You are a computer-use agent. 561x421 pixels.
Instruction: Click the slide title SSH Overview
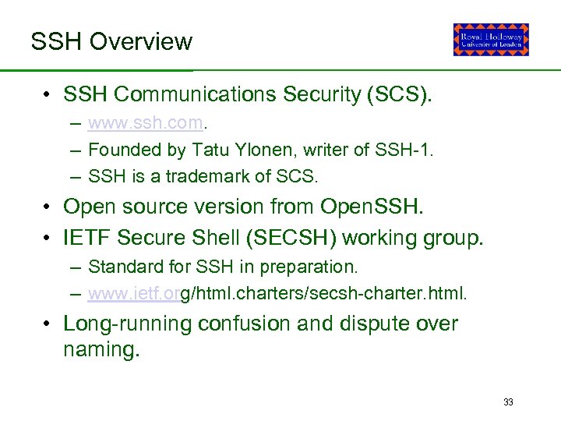coord(111,41)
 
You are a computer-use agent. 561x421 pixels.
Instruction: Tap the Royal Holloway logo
coord(491,40)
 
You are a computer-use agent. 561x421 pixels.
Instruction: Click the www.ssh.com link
coord(146,123)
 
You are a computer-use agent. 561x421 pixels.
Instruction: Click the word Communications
coord(194,95)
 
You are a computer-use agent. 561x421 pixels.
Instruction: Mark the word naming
coord(101,350)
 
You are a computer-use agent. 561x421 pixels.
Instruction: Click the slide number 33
coord(508,402)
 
